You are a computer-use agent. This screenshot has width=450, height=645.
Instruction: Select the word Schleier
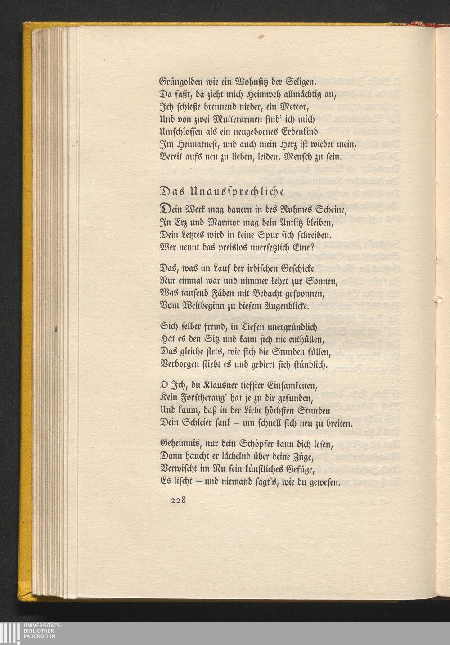(x=205, y=423)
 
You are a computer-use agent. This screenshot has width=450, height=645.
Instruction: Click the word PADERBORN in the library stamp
(x=40, y=640)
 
